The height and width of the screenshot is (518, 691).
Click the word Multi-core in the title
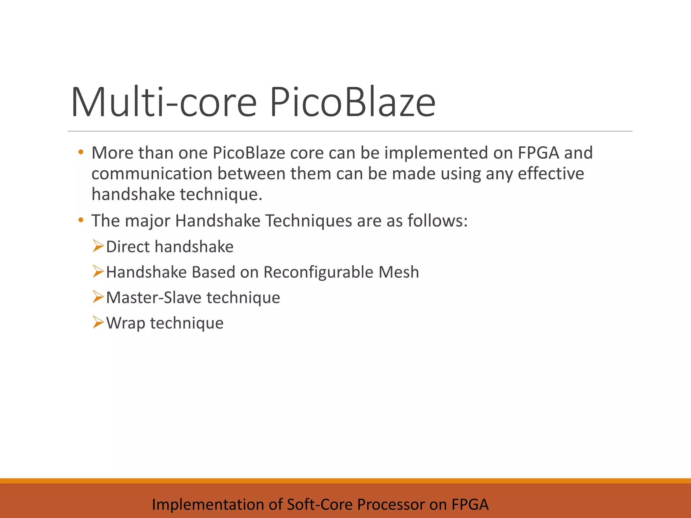click(164, 102)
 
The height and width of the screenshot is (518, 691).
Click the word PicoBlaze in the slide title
click(352, 102)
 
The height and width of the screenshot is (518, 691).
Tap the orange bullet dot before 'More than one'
click(80, 152)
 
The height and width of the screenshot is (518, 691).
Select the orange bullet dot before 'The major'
click(80, 221)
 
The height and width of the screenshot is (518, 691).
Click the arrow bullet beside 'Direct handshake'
click(98, 246)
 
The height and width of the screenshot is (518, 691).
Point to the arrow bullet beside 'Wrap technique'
click(98, 323)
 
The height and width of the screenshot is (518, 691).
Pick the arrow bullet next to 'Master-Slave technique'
click(98, 297)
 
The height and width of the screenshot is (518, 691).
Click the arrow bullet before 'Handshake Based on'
click(98, 272)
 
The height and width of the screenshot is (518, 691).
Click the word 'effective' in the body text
click(551, 174)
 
